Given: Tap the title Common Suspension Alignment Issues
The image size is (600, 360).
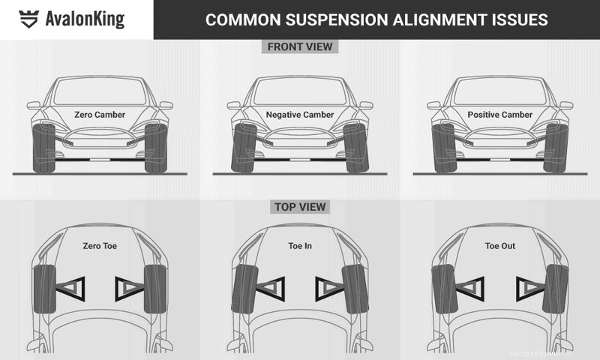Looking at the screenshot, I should [376, 19].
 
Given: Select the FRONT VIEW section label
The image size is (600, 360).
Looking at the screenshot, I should [299, 46].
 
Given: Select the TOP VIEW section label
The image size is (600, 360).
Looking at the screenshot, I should [299, 206].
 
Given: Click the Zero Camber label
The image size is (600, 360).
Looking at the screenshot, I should [100, 115].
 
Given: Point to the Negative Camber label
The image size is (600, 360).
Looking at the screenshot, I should [299, 115].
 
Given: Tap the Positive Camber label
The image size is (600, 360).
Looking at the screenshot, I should [499, 115].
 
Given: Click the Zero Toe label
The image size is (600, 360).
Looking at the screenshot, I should [100, 245].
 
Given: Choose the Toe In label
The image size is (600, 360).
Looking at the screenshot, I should [299, 245].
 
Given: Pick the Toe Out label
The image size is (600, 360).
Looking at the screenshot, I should [499, 245].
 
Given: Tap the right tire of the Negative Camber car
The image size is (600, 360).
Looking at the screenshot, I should [355, 148].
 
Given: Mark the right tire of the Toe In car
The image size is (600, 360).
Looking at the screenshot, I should [355, 289].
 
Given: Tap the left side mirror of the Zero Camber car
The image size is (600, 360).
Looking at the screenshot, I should [34, 106].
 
